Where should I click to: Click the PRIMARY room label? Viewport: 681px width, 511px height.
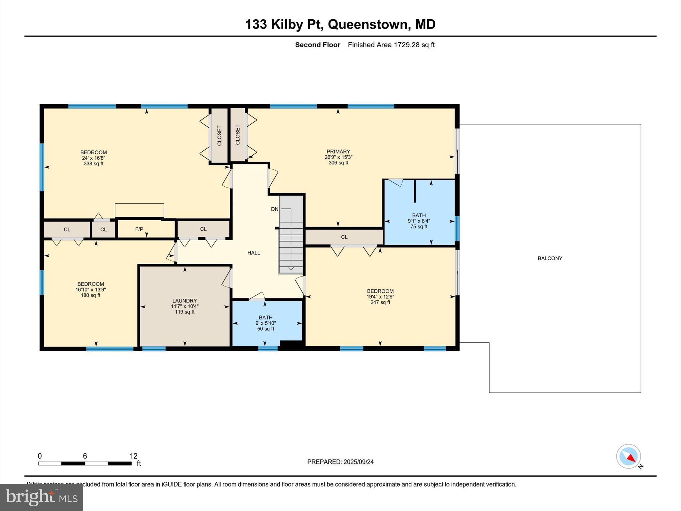338,151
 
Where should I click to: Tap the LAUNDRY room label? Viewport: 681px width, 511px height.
185,300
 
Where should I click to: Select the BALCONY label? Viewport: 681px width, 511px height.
550,258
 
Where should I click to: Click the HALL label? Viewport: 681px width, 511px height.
253,253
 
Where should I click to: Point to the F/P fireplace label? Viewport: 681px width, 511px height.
139,229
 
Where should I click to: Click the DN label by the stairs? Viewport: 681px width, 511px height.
274,209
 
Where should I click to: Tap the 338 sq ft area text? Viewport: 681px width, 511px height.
93,164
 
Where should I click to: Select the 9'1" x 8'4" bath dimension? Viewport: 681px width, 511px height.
419,221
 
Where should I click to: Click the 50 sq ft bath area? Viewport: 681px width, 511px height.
265,329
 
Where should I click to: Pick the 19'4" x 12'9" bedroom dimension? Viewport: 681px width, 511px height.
380,297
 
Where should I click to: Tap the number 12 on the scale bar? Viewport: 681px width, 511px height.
133,456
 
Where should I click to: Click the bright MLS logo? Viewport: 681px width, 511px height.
42,497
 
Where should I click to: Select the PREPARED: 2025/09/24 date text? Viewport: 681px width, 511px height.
340,462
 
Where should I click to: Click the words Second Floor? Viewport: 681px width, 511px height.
318,45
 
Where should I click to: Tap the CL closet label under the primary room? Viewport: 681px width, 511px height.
344,237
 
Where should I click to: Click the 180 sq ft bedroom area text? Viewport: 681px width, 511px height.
90,295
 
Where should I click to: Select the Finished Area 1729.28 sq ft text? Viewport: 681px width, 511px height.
391,45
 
